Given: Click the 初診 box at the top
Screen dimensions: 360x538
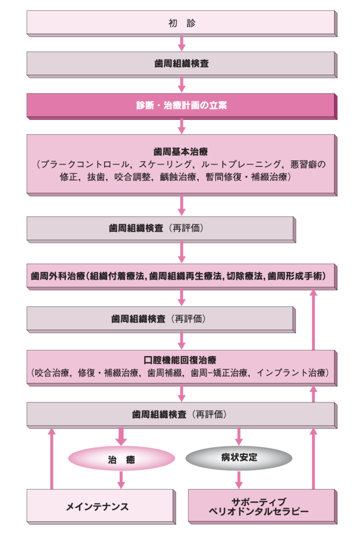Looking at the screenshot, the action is coord(181,23).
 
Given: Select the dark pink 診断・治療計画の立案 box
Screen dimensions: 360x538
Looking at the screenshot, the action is coord(181,106).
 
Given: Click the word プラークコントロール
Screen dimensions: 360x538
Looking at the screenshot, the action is coord(85,164).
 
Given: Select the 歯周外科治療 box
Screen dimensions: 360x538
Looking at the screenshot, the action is coord(181,276).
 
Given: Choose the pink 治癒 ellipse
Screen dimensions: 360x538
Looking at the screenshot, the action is coord(121,459).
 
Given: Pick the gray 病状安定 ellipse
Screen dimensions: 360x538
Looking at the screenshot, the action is coord(239,458).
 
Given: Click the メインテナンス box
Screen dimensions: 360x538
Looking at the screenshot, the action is coord(101,506).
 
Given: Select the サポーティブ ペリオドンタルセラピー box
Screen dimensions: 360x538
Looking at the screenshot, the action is coord(263,506).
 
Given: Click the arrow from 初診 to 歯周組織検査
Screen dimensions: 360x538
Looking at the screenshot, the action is coord(182,43).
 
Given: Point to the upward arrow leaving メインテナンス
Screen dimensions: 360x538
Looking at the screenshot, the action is coord(52,458).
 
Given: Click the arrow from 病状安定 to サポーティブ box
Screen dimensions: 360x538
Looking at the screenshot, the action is coord(239,480).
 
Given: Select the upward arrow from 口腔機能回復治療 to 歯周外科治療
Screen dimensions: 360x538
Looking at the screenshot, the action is coord(313,320).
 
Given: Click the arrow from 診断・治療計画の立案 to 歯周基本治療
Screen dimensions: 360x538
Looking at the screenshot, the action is coord(182,126).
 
